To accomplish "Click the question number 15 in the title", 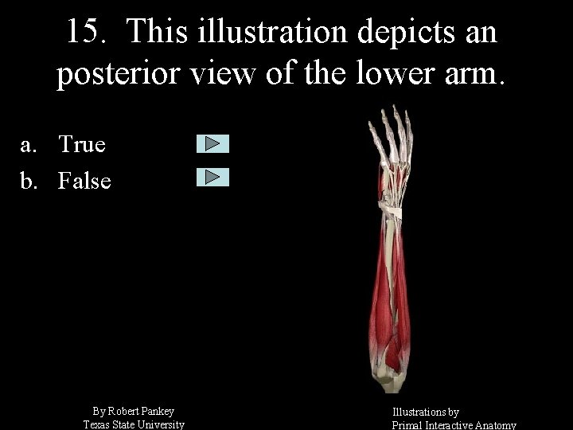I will tap(83, 32).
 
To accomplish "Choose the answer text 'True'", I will tap(82, 145).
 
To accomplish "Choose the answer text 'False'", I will tap(84, 182).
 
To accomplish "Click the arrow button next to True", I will tap(212, 144).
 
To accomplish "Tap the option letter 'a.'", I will tap(30, 145).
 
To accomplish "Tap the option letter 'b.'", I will tap(30, 182).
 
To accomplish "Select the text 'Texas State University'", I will tap(134, 424).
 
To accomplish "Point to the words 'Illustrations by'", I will tap(426, 412).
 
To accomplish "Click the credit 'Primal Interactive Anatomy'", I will tap(454, 425).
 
